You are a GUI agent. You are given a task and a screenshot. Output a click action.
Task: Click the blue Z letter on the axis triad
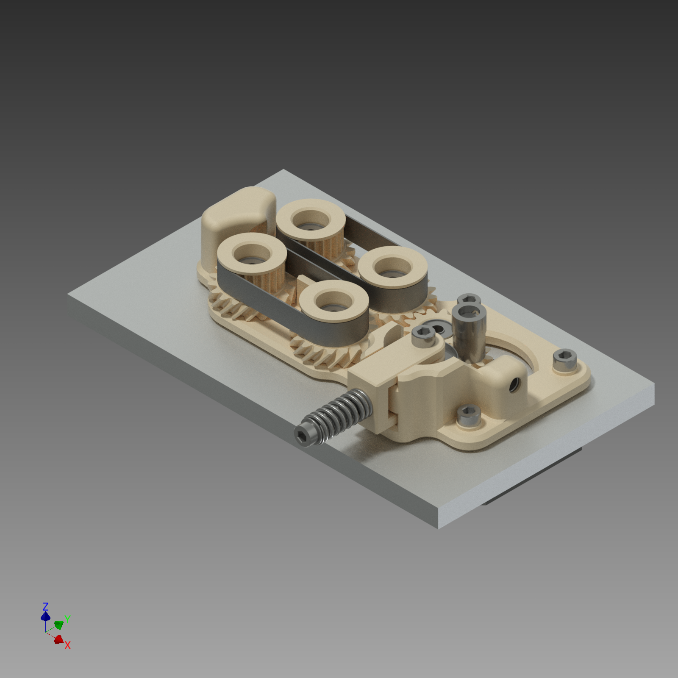pos(45,606)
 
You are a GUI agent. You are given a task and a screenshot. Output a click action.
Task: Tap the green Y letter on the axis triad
pos(67,620)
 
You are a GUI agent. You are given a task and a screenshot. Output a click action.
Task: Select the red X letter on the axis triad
pos(67,645)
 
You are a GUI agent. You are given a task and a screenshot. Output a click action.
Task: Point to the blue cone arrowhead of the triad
pos(45,616)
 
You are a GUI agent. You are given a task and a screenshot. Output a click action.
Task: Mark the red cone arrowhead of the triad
pos(59,639)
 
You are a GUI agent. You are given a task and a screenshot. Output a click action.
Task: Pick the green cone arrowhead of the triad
pos(59,625)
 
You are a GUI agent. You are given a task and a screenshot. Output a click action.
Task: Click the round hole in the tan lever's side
pos(514,384)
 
